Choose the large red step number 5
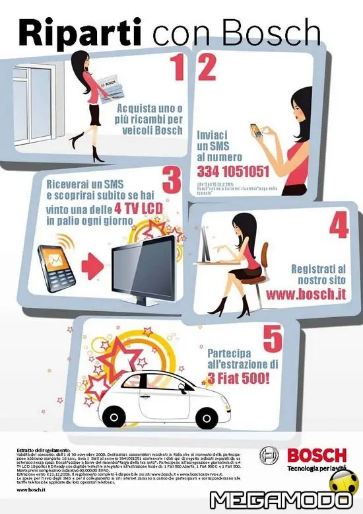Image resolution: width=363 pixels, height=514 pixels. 273,338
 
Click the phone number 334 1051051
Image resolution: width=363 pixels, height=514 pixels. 233,172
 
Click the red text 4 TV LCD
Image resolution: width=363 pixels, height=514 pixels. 141,210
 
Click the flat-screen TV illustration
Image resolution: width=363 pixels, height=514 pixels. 145,267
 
